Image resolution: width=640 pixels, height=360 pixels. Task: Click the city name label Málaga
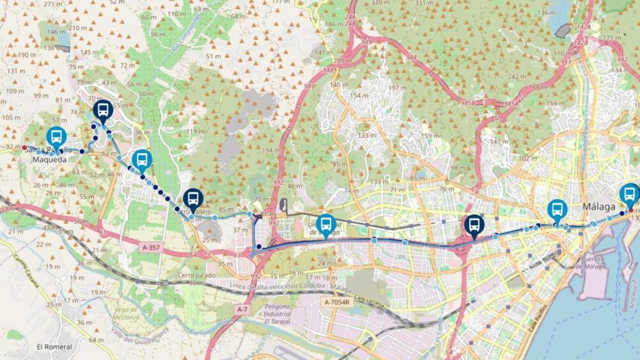(x=599, y=207)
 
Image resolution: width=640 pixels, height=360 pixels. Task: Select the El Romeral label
(x=54, y=347)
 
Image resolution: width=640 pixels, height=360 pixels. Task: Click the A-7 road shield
(x=243, y=309)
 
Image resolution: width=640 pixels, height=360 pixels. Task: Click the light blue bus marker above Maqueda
(x=56, y=137)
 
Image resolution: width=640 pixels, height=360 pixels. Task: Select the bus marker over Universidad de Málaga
(x=326, y=224)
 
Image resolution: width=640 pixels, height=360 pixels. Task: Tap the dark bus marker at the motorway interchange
(x=474, y=225)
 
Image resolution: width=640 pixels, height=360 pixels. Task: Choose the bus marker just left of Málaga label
(x=557, y=209)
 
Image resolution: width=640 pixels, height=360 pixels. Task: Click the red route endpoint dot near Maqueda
(x=24, y=147)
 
